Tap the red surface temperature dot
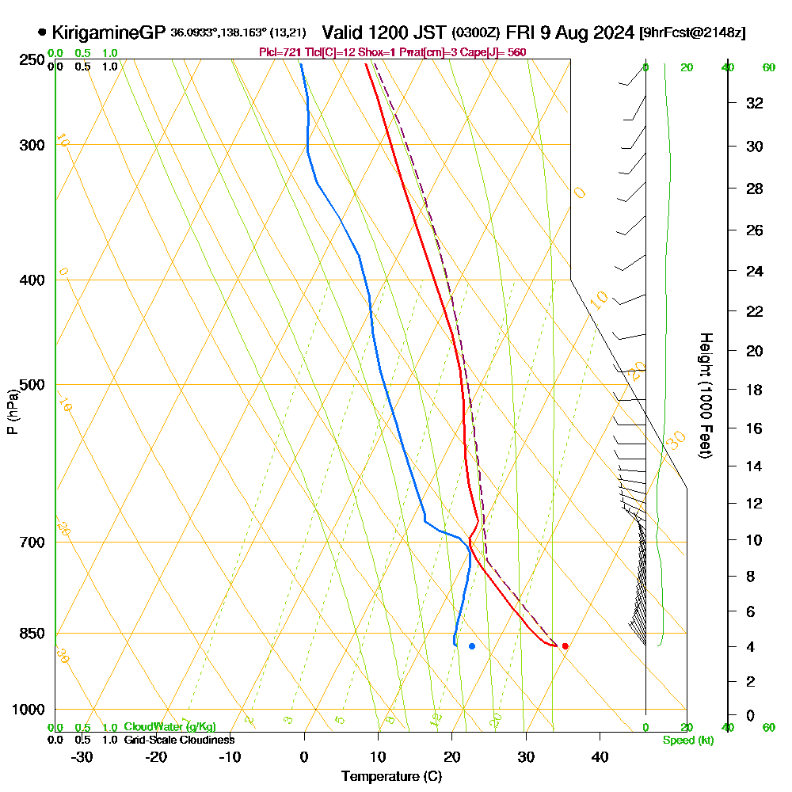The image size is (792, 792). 565,646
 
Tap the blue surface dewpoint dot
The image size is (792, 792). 472,646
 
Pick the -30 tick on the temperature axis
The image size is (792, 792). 82,757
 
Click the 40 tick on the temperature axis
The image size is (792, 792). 600,757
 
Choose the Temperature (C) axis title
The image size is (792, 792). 391,777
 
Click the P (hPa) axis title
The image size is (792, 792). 12,412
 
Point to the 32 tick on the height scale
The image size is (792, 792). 755,103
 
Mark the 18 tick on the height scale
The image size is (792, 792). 755,390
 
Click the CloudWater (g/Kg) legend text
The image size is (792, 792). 169,727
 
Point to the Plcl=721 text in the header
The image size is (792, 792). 276,52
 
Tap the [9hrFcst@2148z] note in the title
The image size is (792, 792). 693,32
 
